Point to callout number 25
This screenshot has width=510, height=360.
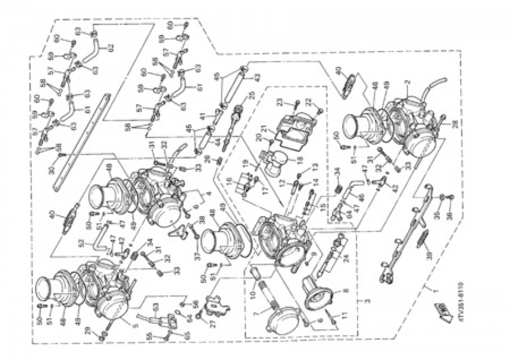coord(251,95)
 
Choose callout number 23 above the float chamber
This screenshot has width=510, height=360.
coord(294,101)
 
